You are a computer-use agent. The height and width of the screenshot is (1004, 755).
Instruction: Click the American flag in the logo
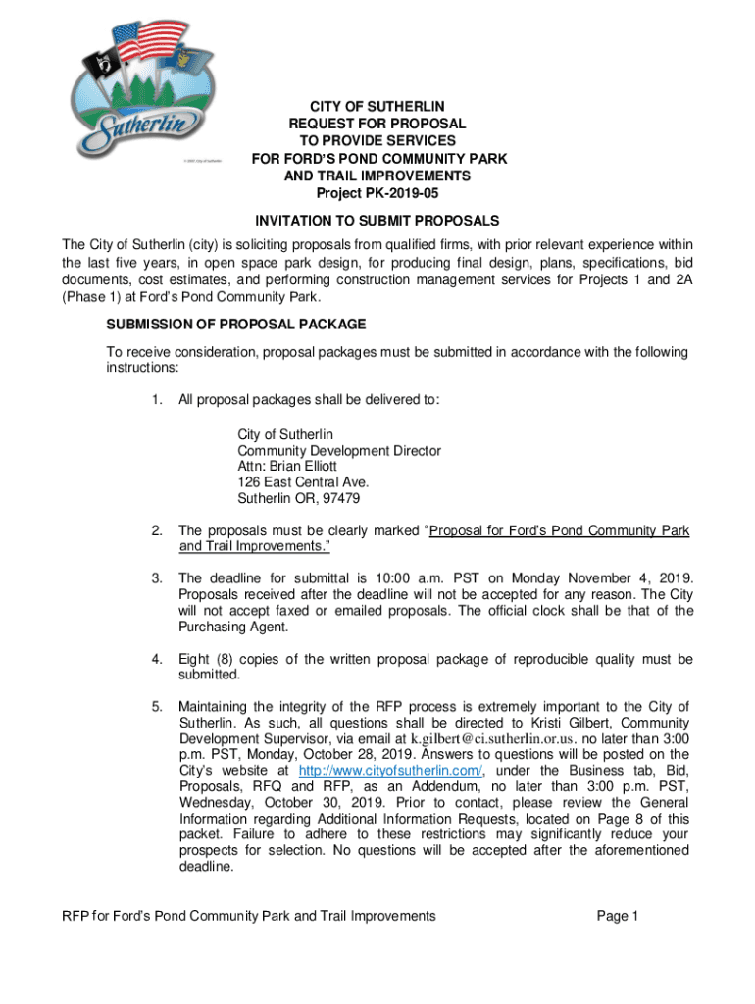[x=146, y=43]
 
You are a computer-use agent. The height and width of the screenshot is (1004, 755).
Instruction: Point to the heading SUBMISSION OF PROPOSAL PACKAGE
[x=235, y=325]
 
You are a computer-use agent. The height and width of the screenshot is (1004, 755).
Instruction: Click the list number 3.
[x=157, y=578]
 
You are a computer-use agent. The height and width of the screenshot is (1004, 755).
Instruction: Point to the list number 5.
[x=157, y=707]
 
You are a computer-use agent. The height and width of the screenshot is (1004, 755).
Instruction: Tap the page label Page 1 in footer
[x=618, y=916]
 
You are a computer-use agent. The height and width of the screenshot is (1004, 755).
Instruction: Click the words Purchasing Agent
[x=233, y=627]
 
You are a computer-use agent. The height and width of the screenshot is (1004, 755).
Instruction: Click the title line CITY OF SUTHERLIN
[x=377, y=107]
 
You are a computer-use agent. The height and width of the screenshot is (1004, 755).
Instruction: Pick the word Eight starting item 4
[x=195, y=659]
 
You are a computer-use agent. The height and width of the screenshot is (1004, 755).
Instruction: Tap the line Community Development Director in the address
[x=338, y=451]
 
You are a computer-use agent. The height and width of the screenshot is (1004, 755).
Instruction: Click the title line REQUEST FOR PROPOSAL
[x=377, y=125]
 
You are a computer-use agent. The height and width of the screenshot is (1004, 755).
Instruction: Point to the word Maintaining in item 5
[x=221, y=707]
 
